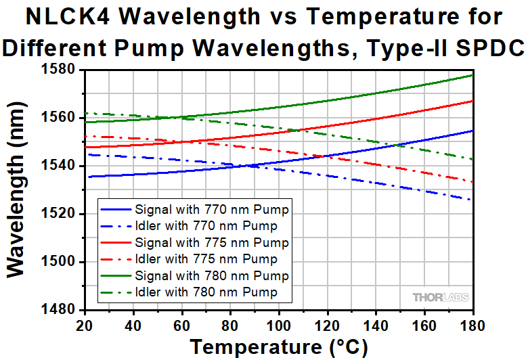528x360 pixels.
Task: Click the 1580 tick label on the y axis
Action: point(60,69)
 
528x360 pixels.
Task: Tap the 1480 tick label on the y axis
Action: point(60,310)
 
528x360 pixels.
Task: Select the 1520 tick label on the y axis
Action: point(60,214)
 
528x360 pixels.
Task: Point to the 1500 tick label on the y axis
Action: point(60,262)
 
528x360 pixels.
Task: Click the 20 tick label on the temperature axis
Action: point(84,325)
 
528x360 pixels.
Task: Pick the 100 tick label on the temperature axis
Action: point(278,325)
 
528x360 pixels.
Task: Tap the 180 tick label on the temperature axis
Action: point(472,325)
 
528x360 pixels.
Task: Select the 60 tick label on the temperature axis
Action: point(181,325)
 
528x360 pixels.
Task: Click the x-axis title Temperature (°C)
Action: point(278,347)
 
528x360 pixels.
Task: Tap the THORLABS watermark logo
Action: point(440,297)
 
